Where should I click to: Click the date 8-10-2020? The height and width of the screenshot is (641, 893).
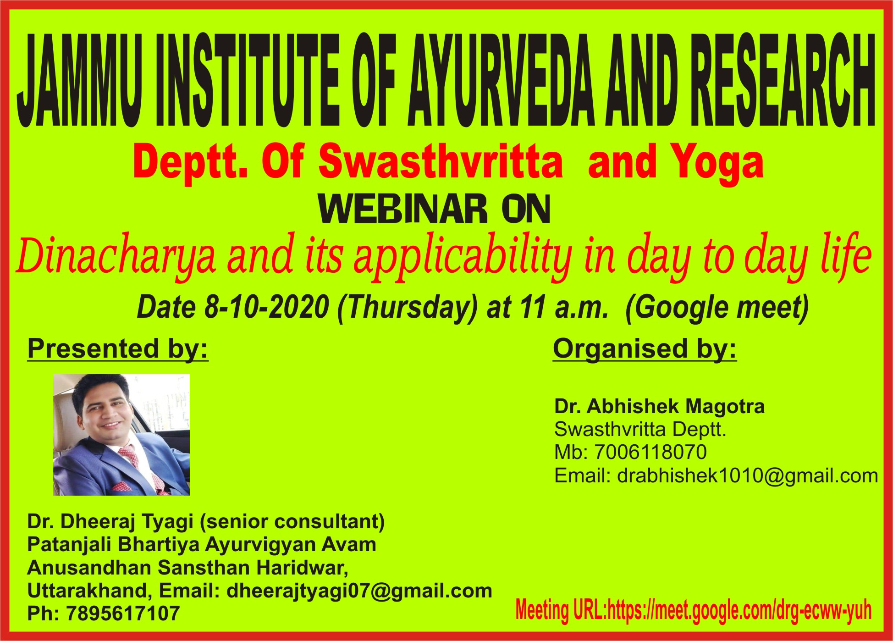click(266, 307)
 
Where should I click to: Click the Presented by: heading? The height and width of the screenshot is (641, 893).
click(118, 349)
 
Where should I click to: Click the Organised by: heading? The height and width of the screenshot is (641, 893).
click(645, 349)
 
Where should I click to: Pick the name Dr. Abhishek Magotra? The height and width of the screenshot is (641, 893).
click(659, 406)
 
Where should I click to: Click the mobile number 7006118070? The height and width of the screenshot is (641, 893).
click(650, 452)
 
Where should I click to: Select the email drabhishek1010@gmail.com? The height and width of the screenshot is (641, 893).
click(747, 476)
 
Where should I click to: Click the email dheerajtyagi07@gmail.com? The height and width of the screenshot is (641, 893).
click(359, 591)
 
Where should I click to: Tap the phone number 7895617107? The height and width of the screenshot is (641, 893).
click(123, 613)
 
